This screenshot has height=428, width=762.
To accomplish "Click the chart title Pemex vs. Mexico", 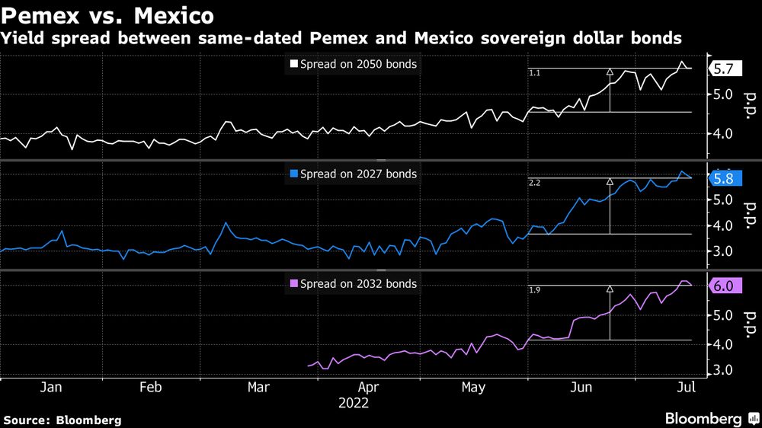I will (107, 14).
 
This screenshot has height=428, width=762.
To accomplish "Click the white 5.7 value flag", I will (723, 69).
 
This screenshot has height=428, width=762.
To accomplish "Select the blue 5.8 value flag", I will (723, 179).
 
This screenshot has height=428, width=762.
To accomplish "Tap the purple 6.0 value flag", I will (723, 286).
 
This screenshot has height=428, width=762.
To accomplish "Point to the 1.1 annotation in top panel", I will (534, 73).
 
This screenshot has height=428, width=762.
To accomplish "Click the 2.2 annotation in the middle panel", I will (534, 183).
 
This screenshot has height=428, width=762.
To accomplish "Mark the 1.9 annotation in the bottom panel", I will (534, 290).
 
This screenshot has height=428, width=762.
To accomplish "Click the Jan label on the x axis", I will (50, 388).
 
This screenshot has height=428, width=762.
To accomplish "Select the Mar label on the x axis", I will (258, 388).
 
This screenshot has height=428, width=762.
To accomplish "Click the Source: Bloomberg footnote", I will (62, 420).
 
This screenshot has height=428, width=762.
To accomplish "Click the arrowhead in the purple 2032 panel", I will (610, 289).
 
